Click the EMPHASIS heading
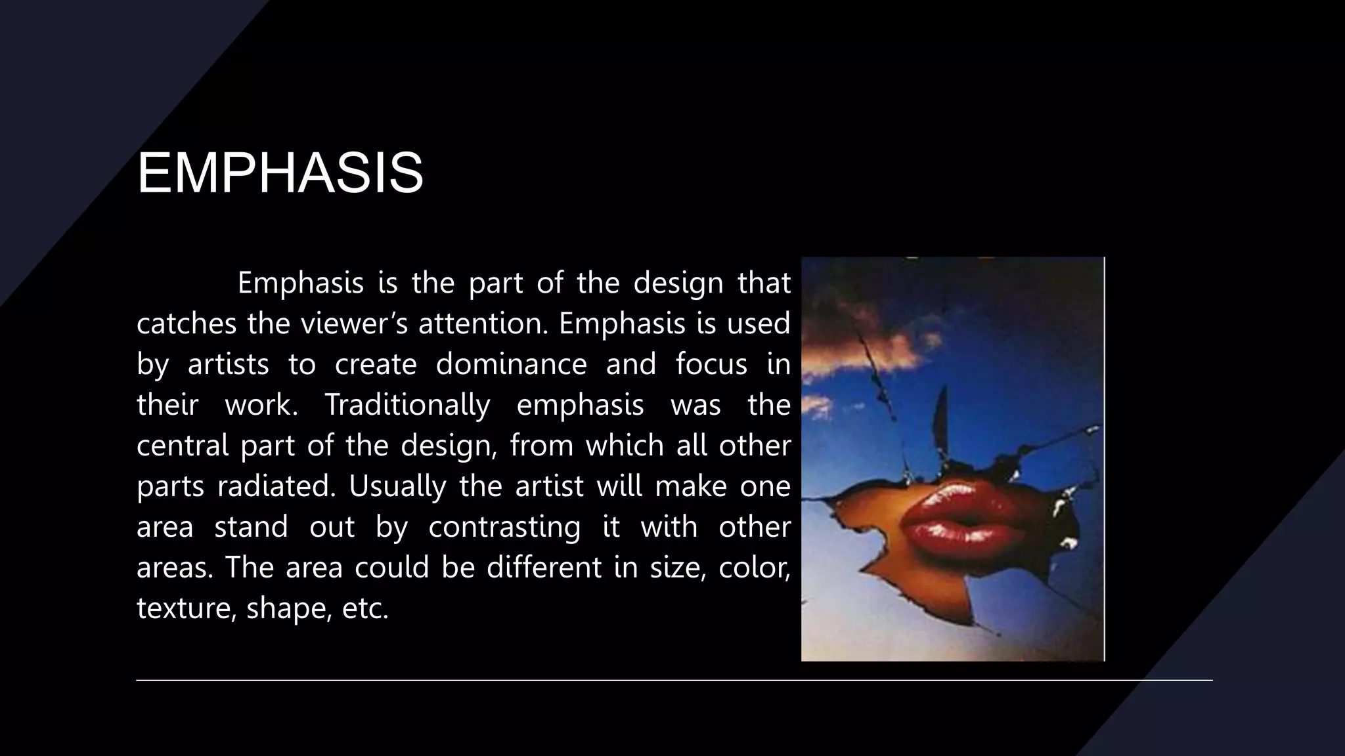pyautogui.click(x=280, y=173)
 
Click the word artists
pyautogui.click(x=228, y=364)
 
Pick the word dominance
pyautogui.click(x=511, y=364)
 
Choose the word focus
pyautogui.click(x=711, y=364)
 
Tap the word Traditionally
pyautogui.click(x=407, y=405)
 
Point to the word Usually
pyautogui.click(x=397, y=486)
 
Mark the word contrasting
pyautogui.click(x=504, y=527)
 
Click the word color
pyautogui.click(x=754, y=568)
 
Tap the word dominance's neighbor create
pyautogui.click(x=376, y=364)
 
